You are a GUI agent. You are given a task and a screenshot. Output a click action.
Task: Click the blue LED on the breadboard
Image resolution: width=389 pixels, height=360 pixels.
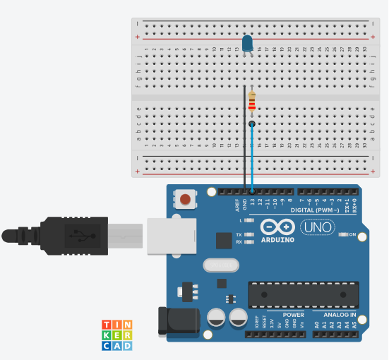click(x=248, y=44)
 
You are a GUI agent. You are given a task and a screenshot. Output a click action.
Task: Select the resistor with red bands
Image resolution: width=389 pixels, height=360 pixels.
click(x=252, y=103)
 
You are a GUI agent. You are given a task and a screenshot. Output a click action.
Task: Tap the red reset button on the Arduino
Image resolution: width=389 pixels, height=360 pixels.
click(x=185, y=199)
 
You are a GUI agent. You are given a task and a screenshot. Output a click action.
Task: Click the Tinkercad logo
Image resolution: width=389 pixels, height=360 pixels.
click(x=117, y=335)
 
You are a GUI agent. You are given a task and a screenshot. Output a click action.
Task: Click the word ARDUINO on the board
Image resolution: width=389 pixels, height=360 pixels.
click(x=277, y=239)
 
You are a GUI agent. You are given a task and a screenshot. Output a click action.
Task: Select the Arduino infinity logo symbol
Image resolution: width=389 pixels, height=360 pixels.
click(x=277, y=226)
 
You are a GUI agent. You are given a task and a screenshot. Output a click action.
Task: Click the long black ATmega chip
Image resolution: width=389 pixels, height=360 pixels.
click(x=303, y=294)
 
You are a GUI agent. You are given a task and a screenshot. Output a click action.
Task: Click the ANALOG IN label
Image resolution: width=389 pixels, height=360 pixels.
click(x=340, y=315)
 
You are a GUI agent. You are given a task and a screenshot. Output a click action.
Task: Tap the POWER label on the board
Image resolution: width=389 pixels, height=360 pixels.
click(x=293, y=315)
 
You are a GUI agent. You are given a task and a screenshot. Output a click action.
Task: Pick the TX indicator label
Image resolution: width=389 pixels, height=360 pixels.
click(x=239, y=234)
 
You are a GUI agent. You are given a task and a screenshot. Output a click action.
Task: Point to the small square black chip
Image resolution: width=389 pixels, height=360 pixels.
click(x=223, y=241)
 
